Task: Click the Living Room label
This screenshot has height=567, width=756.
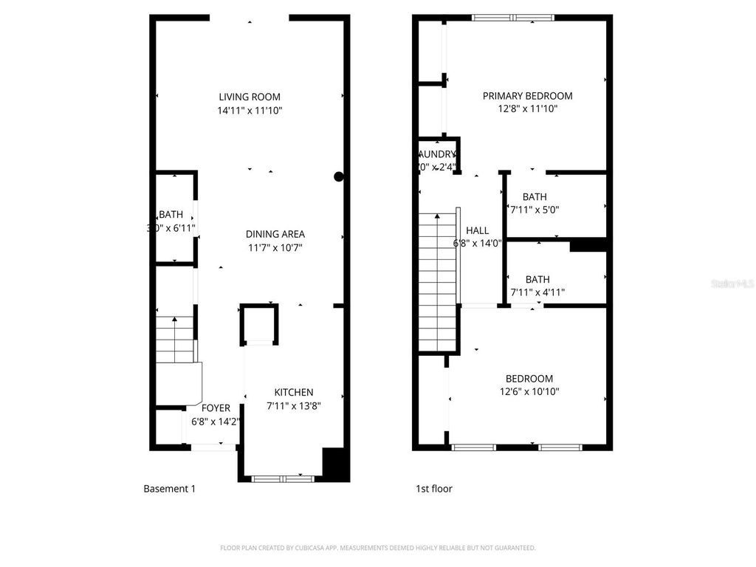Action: (250, 97)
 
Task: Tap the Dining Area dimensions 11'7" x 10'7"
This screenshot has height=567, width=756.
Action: (275, 247)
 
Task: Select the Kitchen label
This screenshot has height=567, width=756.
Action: (294, 392)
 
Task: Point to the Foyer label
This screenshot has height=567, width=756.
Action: (216, 408)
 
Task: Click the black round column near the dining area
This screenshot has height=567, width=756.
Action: (339, 176)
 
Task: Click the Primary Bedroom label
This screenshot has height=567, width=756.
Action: (527, 95)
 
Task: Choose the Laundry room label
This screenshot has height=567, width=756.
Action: (438, 154)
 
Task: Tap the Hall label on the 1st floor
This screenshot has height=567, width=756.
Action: (477, 230)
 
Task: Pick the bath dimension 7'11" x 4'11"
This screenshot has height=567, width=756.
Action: (537, 292)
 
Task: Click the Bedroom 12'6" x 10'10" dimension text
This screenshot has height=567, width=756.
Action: (529, 392)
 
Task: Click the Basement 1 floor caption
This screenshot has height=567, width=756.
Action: (169, 488)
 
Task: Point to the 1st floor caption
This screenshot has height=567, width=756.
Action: (434, 488)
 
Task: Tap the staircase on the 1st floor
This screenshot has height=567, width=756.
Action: (438, 281)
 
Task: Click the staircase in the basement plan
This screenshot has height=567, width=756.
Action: (175, 340)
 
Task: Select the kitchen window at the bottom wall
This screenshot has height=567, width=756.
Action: (283, 478)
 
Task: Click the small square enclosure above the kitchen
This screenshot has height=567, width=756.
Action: (259, 325)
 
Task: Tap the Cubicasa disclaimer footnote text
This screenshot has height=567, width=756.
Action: (377, 548)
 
